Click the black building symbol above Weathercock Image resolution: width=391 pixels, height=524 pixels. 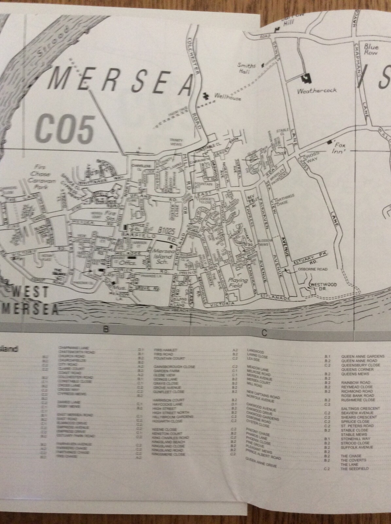[307, 79]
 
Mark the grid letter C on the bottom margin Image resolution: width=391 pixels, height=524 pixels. [264, 333]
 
